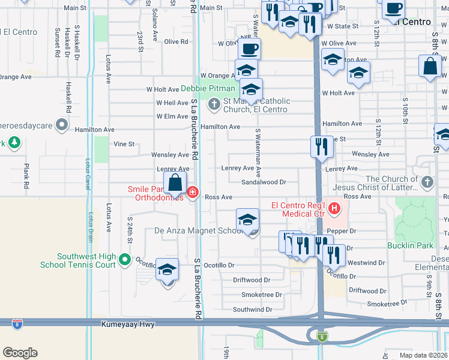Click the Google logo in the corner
[20, 353]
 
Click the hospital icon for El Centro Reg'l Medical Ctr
[334, 209]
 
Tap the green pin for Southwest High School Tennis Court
[124, 259]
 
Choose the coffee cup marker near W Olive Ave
[249, 49]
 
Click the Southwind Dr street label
[252, 310]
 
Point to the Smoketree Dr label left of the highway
[261, 295]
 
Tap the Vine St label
[124, 144]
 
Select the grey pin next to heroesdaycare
[61, 125]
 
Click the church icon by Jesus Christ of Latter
[427, 181]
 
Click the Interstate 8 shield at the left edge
[17, 323]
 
